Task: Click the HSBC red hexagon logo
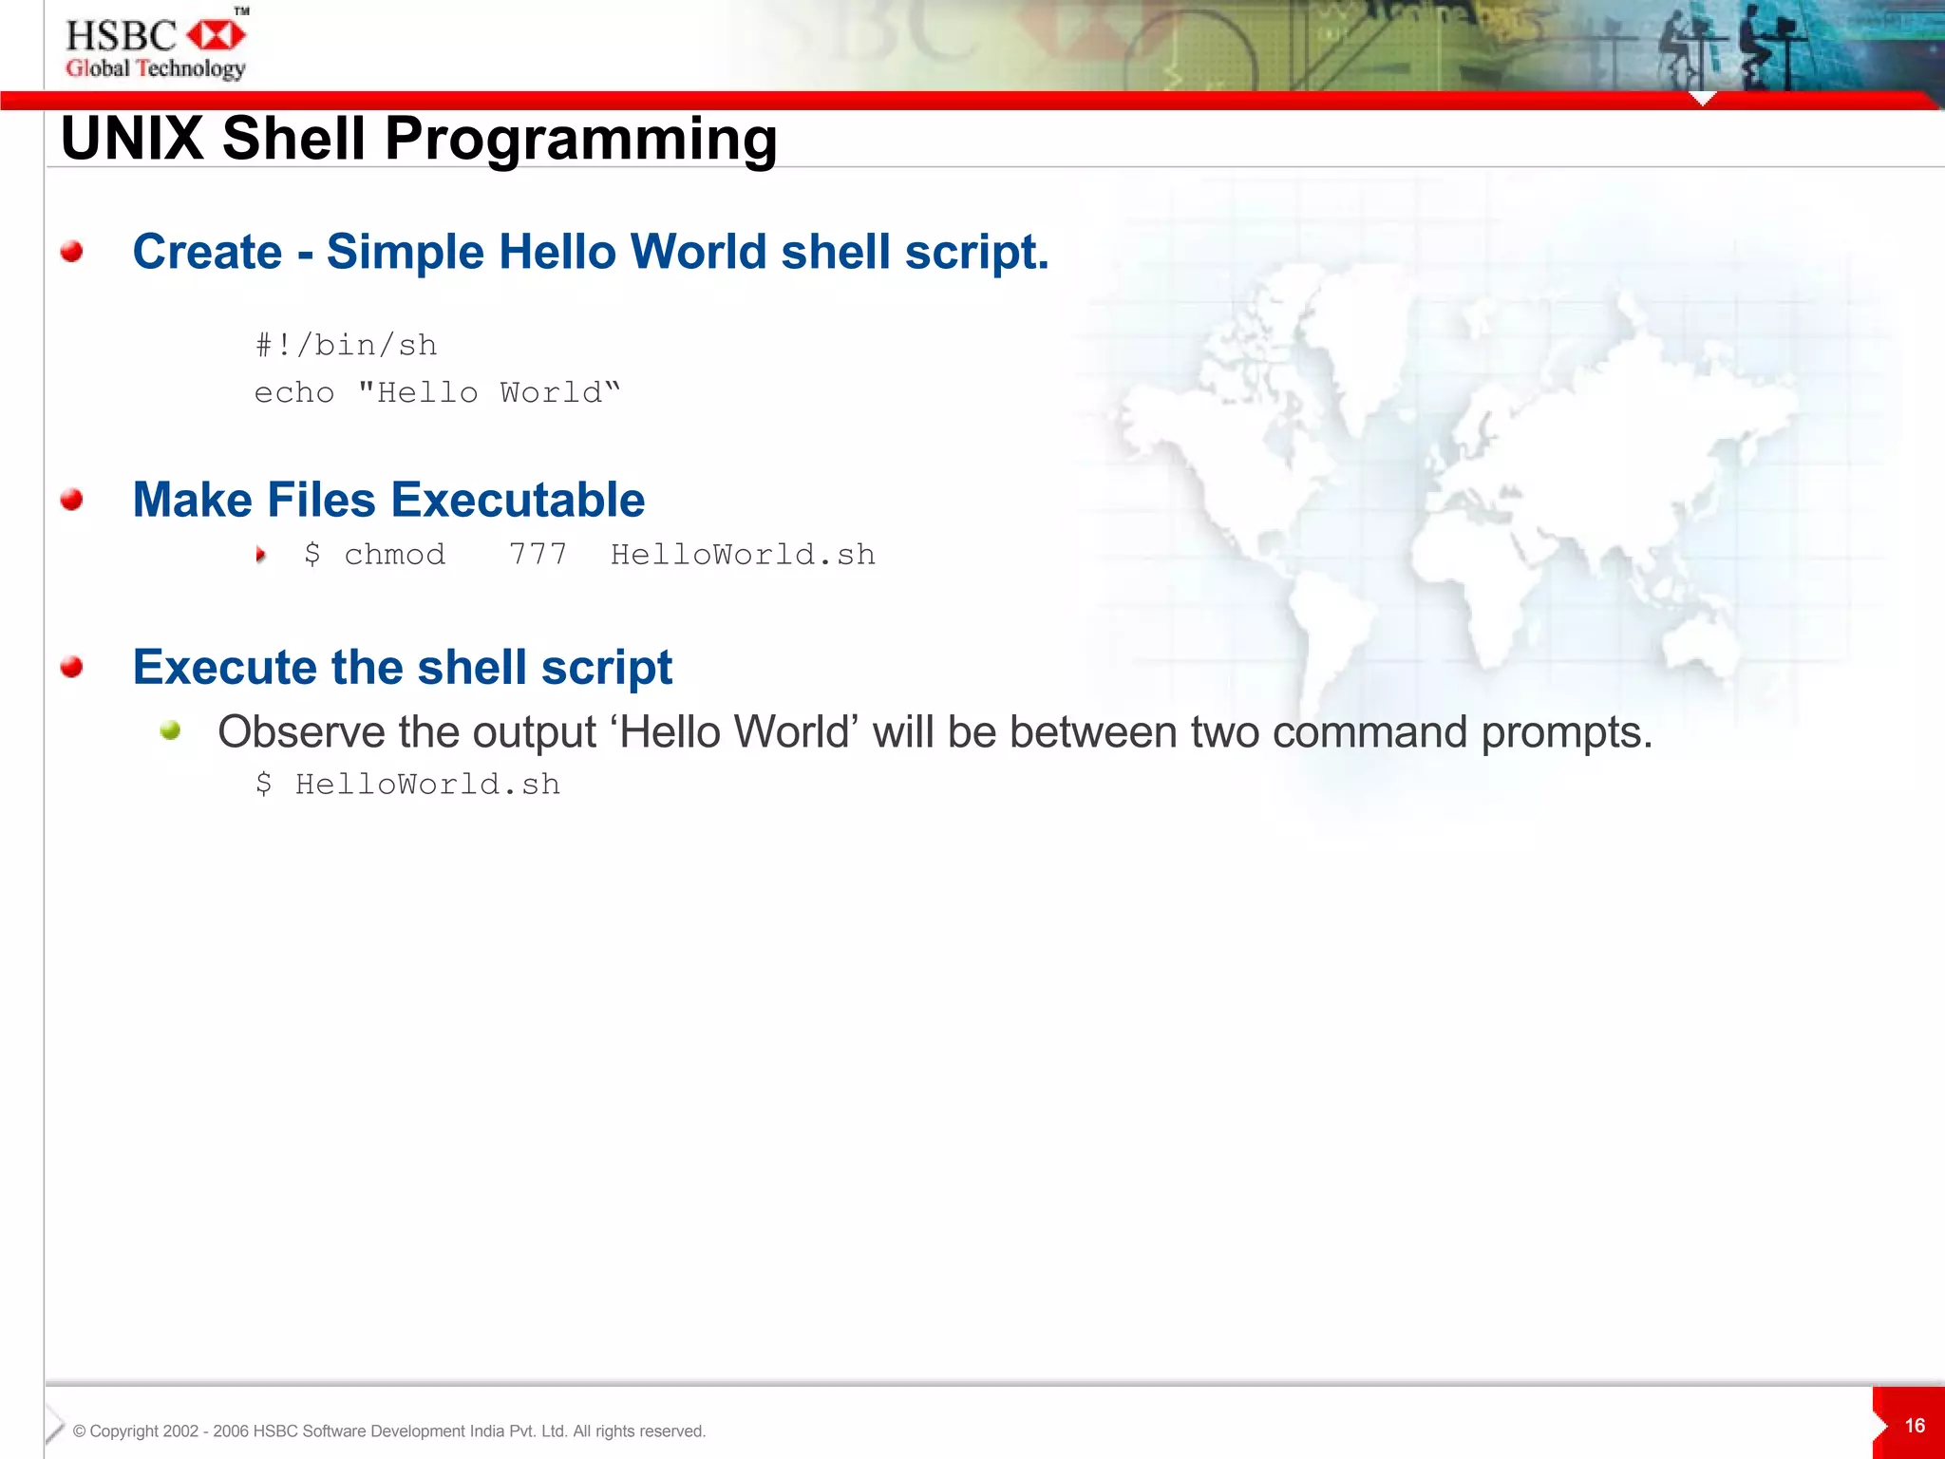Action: pyautogui.click(x=217, y=36)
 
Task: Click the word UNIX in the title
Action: pyautogui.click(x=131, y=139)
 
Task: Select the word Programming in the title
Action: pyautogui.click(x=580, y=139)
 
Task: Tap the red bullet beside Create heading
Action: pyautogui.click(x=71, y=252)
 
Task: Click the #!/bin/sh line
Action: pyautogui.click(x=346, y=345)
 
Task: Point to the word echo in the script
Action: pyautogui.click(x=294, y=392)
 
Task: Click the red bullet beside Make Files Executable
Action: pyautogui.click(x=71, y=500)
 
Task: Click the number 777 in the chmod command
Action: pyautogui.click(x=538, y=554)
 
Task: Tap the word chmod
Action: pyautogui.click(x=394, y=554)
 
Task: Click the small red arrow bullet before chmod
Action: pyautogui.click(x=260, y=555)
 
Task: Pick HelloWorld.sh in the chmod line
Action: pyautogui.click(x=743, y=554)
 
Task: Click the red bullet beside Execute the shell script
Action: pyautogui.click(x=71, y=667)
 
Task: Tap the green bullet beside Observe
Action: pyautogui.click(x=170, y=730)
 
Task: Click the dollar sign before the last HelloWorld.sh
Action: pyautogui.click(x=264, y=784)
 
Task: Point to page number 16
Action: pyautogui.click(x=1915, y=1426)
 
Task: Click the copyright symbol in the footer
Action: pyautogui.click(x=80, y=1431)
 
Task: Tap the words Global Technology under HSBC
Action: pyautogui.click(x=156, y=68)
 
